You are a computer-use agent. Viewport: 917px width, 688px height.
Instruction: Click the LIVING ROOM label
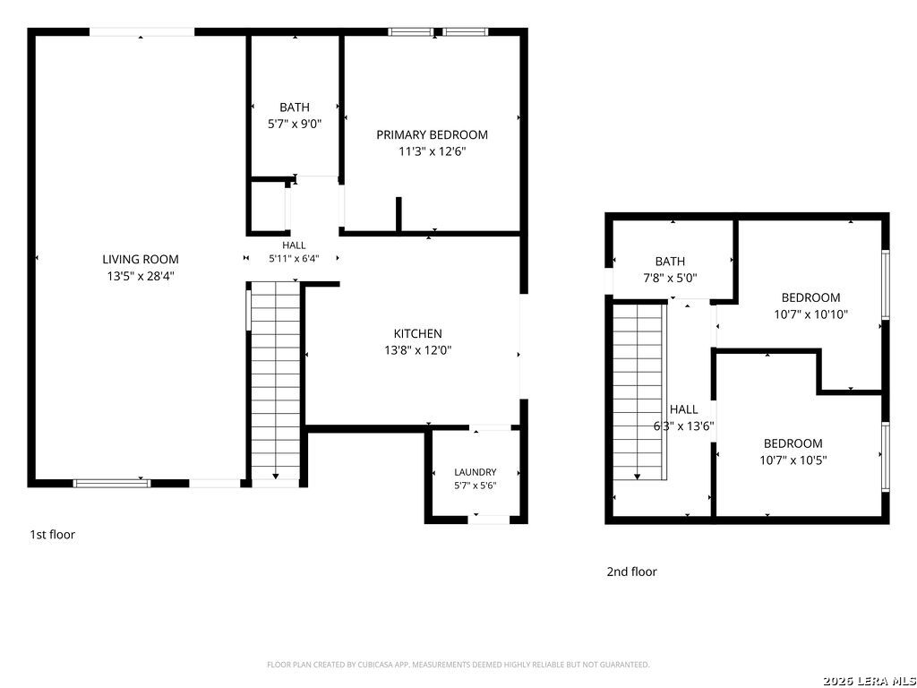pyautogui.click(x=141, y=259)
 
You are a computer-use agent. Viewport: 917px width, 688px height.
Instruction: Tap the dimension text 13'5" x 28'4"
pyautogui.click(x=141, y=276)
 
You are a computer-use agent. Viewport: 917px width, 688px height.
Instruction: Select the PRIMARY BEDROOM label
pyautogui.click(x=433, y=134)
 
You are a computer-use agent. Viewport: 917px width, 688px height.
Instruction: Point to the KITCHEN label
pyautogui.click(x=417, y=333)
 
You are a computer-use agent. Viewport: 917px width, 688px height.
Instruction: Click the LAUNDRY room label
pyautogui.click(x=476, y=472)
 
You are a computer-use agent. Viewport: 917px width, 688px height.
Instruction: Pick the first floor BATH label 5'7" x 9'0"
pyautogui.click(x=295, y=116)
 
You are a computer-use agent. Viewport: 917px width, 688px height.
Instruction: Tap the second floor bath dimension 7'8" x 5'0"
pyautogui.click(x=670, y=278)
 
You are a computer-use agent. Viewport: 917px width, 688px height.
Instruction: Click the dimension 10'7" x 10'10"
pyautogui.click(x=811, y=314)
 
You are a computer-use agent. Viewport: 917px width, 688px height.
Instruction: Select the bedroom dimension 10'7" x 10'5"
pyautogui.click(x=793, y=460)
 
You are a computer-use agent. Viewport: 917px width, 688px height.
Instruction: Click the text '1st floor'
pyautogui.click(x=53, y=534)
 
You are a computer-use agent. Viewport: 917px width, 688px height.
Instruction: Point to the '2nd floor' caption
pyautogui.click(x=631, y=572)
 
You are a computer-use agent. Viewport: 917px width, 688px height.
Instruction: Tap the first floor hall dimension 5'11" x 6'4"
pyautogui.click(x=294, y=258)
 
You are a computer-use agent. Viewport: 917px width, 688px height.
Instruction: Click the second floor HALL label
pyautogui.click(x=683, y=408)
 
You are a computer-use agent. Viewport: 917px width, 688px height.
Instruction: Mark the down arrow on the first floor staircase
pyautogui.click(x=276, y=477)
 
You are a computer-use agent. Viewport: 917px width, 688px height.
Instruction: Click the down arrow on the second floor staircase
pyautogui.click(x=638, y=477)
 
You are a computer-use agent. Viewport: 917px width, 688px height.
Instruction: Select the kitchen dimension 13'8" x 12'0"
pyautogui.click(x=417, y=350)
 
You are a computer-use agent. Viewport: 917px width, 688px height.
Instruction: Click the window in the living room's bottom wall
pyautogui.click(x=111, y=483)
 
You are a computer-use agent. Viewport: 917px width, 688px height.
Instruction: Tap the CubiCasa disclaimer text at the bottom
pyautogui.click(x=458, y=665)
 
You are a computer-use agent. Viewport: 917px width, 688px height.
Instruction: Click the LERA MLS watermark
pyautogui.click(x=869, y=681)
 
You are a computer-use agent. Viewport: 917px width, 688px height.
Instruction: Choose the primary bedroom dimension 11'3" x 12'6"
pyautogui.click(x=433, y=151)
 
